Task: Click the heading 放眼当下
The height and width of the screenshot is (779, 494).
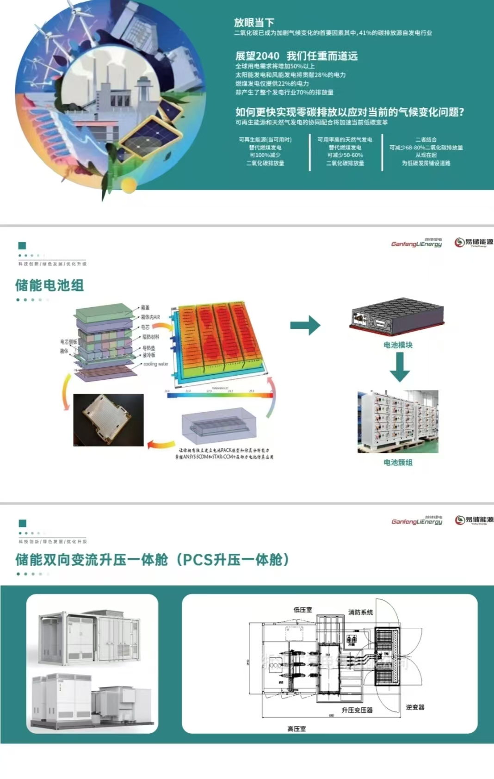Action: pos(254,22)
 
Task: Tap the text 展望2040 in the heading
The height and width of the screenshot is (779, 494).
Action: pos(257,56)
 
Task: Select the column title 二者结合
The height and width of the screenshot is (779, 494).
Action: pos(426,139)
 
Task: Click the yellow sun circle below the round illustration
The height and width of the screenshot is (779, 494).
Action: pos(129,185)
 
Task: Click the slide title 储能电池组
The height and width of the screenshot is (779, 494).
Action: pos(49,285)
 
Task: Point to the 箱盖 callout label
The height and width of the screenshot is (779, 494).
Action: pos(145,308)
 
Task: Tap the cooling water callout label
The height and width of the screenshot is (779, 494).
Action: pos(155,364)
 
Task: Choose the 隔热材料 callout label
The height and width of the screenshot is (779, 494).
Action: pos(150,337)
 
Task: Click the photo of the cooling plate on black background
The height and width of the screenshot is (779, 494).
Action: pos(108,420)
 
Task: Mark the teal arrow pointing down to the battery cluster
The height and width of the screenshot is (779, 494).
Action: pos(399,367)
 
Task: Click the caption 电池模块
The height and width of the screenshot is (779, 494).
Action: pos(398,345)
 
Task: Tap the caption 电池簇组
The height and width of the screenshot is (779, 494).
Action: pos(398,462)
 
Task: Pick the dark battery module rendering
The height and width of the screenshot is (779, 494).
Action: pos(396,316)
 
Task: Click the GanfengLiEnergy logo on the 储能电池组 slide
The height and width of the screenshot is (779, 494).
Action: pos(416,243)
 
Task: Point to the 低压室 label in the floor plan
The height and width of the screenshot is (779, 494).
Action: pos(303,610)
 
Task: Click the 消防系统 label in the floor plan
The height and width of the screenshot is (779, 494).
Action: pos(360,612)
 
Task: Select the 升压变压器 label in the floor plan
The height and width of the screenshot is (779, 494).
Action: pos(357,710)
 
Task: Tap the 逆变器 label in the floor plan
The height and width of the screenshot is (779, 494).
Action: pos(415,707)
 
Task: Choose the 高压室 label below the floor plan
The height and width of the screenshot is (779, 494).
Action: pos(296,729)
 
